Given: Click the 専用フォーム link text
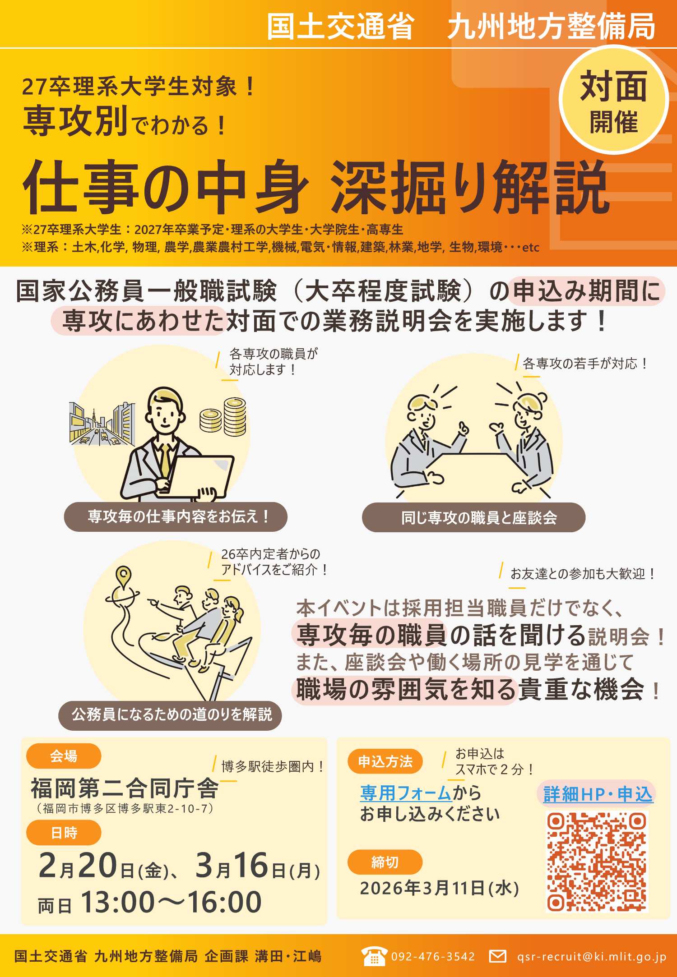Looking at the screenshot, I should (405, 793).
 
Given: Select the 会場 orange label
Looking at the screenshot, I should (64, 756).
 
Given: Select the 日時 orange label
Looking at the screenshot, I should (64, 833).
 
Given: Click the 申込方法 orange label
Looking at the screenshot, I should (385, 761).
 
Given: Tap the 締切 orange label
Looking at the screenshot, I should (385, 862).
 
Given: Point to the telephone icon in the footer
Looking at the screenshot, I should (374, 956).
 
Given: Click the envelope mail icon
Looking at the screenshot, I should (497, 956).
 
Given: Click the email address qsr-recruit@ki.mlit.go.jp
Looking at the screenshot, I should (591, 956).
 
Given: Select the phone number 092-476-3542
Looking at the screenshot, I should (433, 956).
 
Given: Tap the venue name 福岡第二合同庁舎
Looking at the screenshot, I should (125, 788).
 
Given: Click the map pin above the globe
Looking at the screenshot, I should (123, 575).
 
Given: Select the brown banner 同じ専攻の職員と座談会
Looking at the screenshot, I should (473, 517).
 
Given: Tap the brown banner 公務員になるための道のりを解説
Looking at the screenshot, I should (170, 715).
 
